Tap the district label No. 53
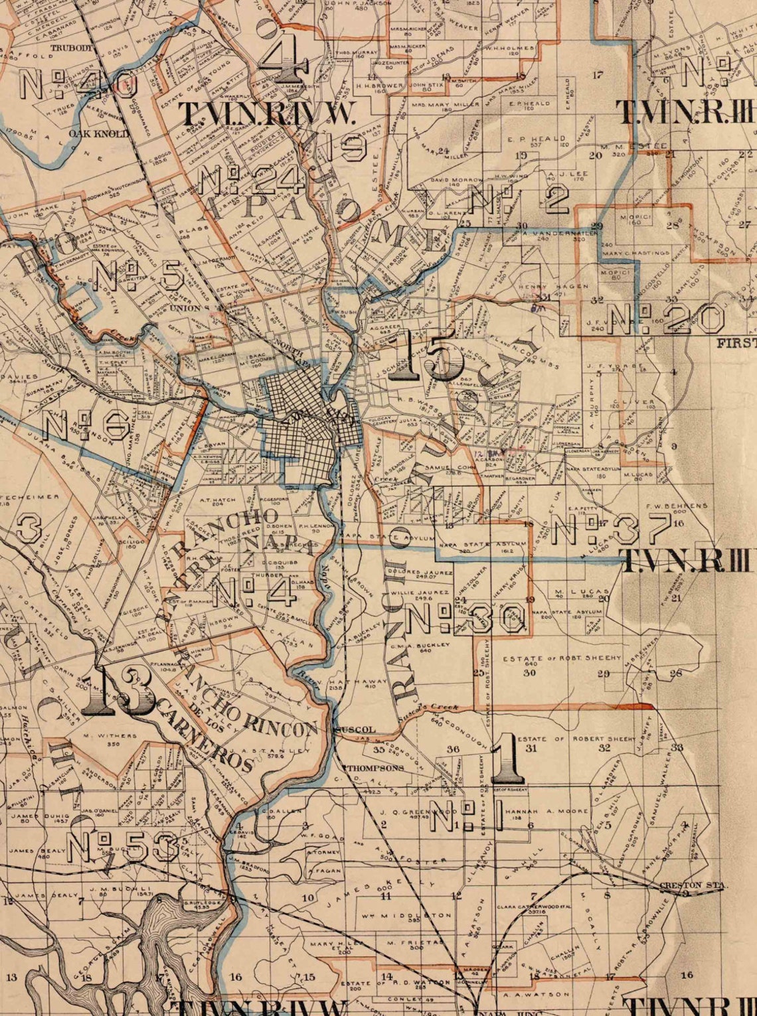[x=123, y=847]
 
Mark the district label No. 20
[x=666, y=319]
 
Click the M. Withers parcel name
[x=110, y=735]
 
